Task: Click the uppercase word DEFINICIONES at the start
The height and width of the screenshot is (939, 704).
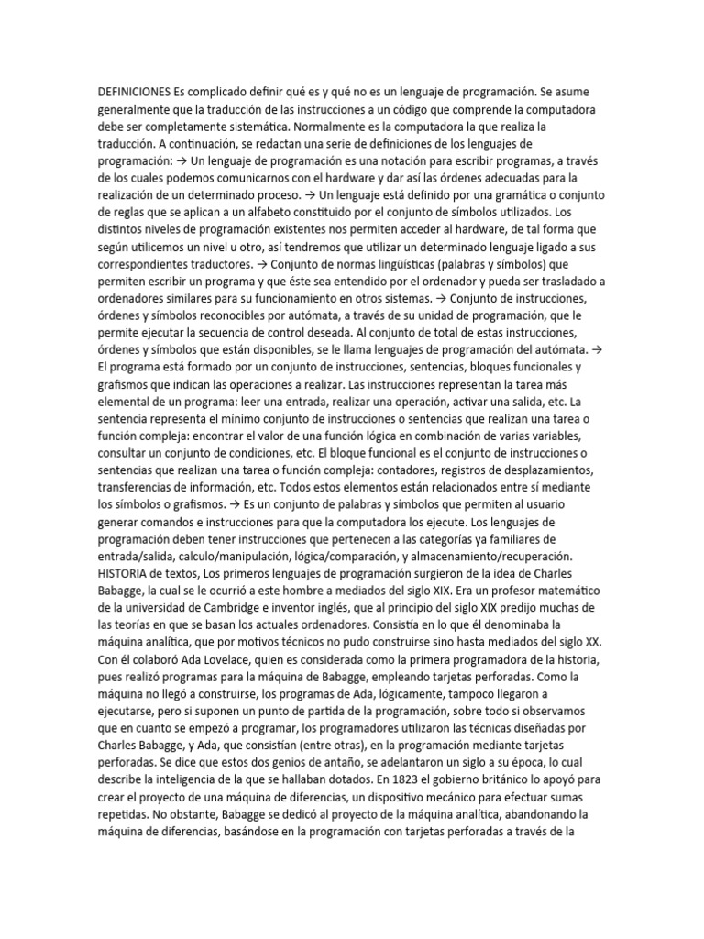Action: click(134, 93)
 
